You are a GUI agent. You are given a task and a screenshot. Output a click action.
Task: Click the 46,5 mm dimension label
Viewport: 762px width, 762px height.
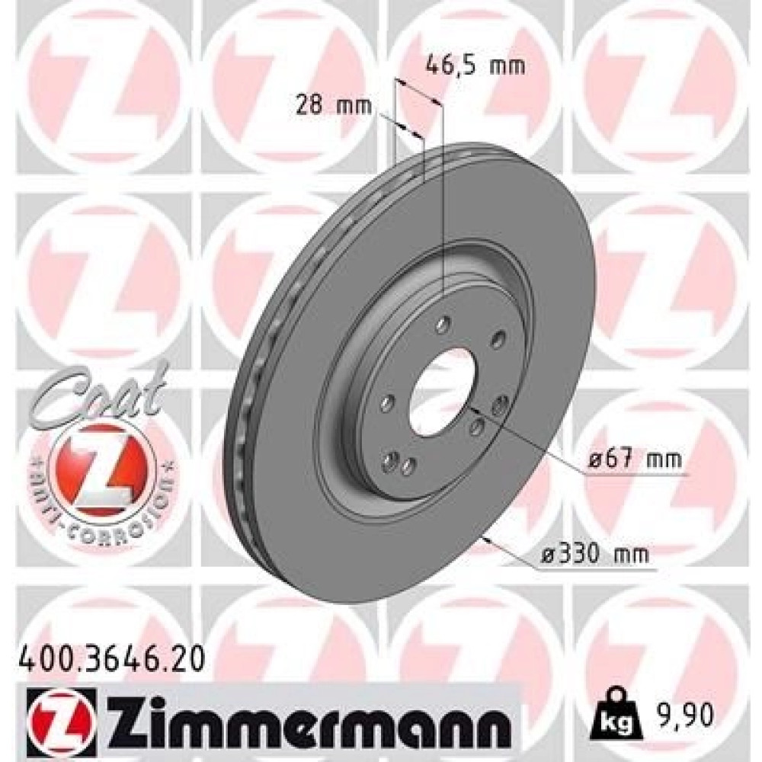pyautogui.click(x=475, y=65)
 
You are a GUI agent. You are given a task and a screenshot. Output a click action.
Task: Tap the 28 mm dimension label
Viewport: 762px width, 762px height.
pyautogui.click(x=334, y=105)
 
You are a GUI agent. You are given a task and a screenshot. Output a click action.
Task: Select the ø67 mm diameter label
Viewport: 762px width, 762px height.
pyautogui.click(x=635, y=458)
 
